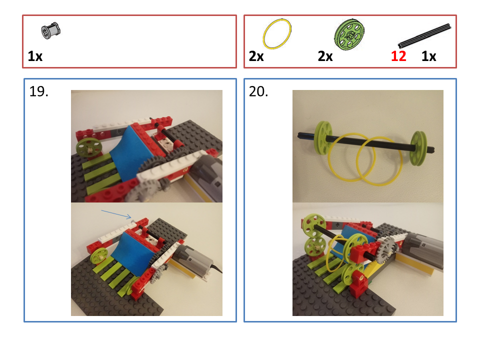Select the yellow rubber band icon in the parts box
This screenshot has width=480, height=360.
coord(277,34)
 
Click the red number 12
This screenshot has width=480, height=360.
coord(398,56)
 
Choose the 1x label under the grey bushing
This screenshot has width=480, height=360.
coord(35,56)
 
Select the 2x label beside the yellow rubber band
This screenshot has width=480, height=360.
coord(256,56)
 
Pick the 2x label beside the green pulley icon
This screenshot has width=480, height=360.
coord(325,56)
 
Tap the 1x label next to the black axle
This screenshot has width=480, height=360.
coord(429,56)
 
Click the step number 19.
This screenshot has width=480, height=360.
coord(39,92)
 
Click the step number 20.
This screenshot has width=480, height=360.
coord(259,92)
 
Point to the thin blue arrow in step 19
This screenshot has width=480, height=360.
coord(116,214)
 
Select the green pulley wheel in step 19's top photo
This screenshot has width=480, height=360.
coord(89,148)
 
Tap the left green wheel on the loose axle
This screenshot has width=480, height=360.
coord(324,137)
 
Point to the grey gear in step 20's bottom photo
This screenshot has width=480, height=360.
coord(386,248)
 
